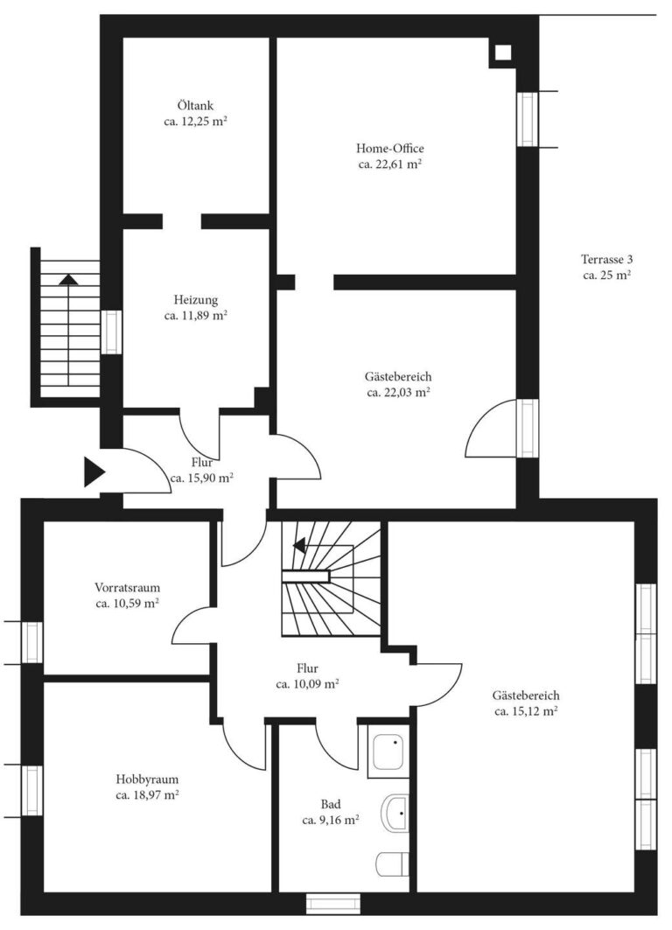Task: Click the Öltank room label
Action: [x=195, y=107]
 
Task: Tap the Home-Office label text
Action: [x=390, y=148]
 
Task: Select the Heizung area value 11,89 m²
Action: [x=195, y=315]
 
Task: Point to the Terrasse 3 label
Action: [x=606, y=259]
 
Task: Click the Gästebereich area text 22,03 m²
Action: [x=398, y=393]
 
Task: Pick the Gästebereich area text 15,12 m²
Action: [x=525, y=711]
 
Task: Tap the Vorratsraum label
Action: [x=128, y=588]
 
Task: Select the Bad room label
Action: [x=331, y=804]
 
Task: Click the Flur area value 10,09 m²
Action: [x=307, y=684]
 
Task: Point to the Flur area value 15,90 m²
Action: [x=201, y=478]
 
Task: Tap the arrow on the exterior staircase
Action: [x=67, y=280]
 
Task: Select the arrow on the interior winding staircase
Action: [x=298, y=546]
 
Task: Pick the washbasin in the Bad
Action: [x=396, y=814]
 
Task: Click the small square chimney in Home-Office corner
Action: [x=502, y=52]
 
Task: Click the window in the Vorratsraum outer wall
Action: [x=33, y=641]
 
